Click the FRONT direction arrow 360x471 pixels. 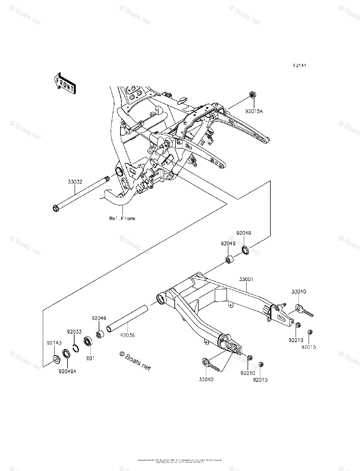[65, 83]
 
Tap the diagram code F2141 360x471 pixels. [299, 66]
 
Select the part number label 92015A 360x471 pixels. [254, 111]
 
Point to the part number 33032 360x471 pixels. [75, 182]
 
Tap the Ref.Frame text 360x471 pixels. [122, 218]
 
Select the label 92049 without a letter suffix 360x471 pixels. [243, 233]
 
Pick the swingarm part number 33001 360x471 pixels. [246, 279]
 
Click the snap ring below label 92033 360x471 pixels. [77, 348]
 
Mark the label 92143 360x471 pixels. [54, 343]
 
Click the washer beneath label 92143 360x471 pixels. [56, 358]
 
